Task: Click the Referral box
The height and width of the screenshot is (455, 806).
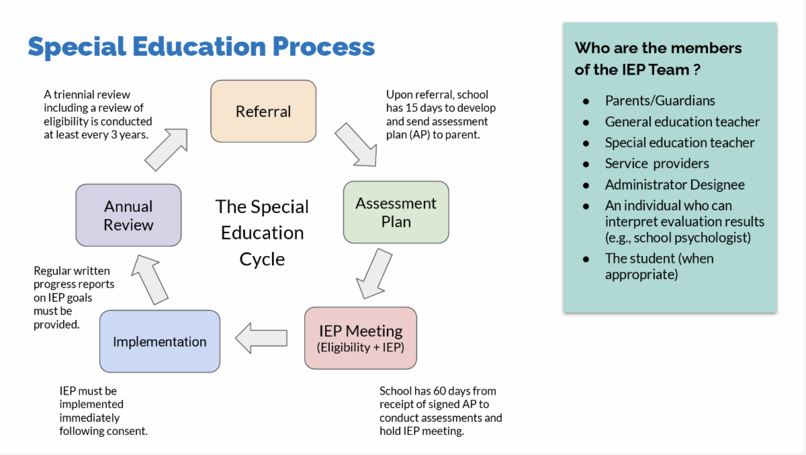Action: click(x=263, y=111)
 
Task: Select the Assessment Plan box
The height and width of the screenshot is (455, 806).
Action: click(x=396, y=212)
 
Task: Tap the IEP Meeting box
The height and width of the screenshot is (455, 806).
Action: click(x=360, y=338)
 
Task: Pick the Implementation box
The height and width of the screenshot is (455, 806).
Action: click(x=159, y=341)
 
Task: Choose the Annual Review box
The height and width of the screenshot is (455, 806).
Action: click(x=128, y=215)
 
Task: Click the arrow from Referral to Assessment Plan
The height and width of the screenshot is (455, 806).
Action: click(x=356, y=144)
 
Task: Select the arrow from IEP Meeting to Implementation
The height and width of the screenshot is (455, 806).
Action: click(x=261, y=338)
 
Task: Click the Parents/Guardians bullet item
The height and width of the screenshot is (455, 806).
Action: click(x=660, y=101)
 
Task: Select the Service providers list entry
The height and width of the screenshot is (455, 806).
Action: click(x=656, y=163)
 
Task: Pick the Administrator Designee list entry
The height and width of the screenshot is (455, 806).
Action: click(x=674, y=184)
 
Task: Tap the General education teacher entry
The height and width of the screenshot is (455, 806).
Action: click(x=682, y=122)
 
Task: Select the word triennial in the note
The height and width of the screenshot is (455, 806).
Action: click(x=77, y=94)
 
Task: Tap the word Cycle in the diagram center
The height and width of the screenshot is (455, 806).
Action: click(x=262, y=259)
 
